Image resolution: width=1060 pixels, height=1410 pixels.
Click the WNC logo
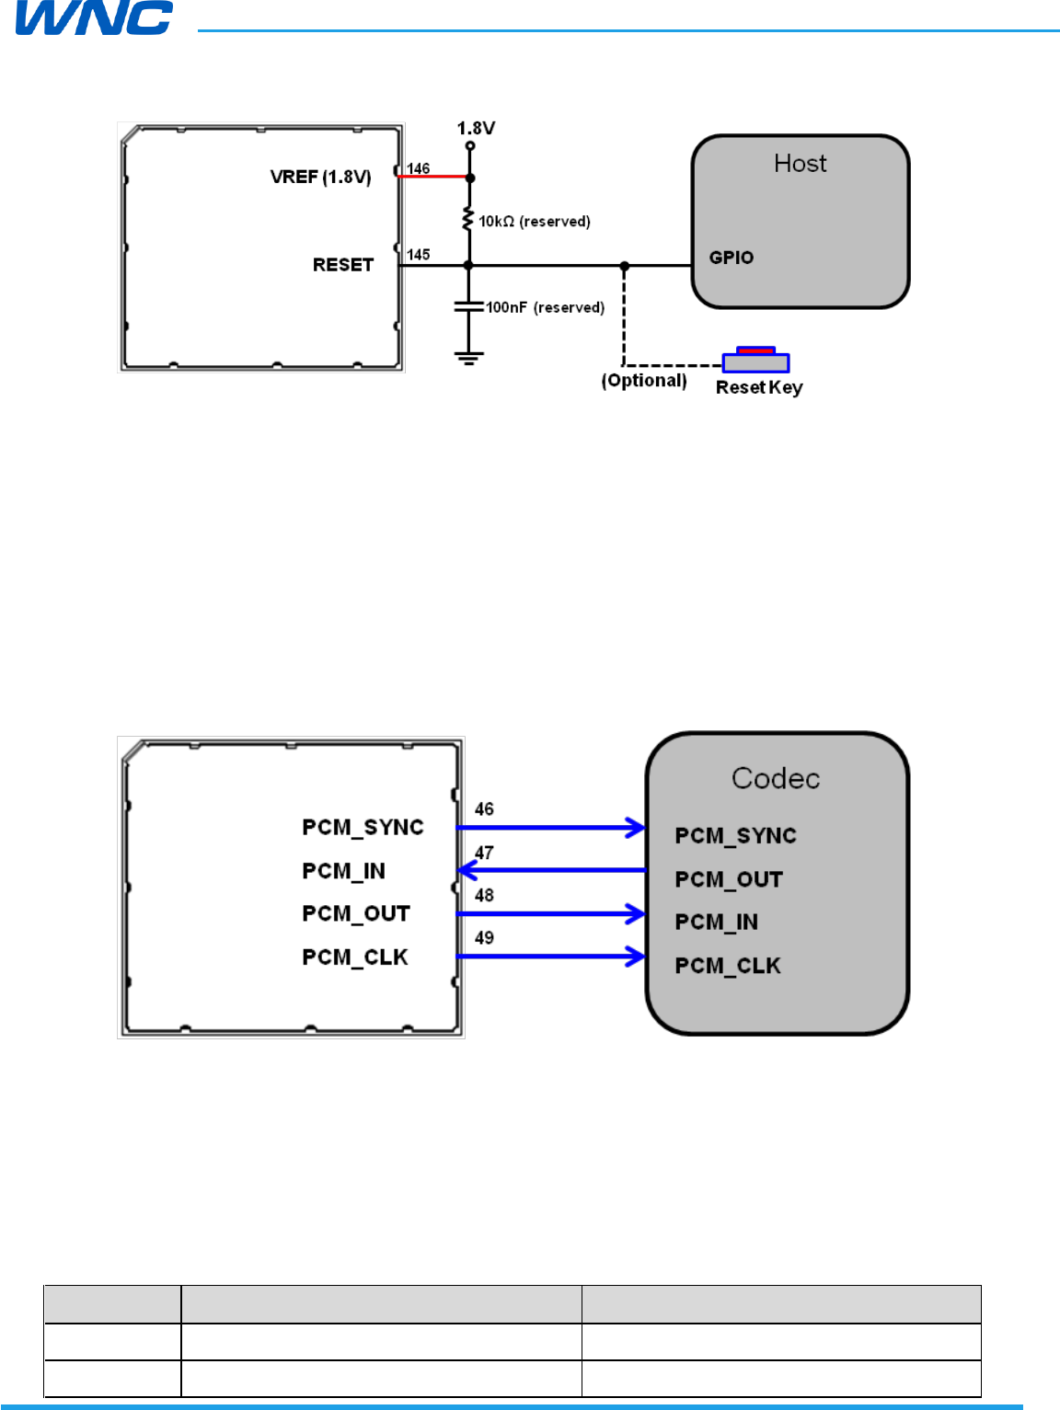pos(94,17)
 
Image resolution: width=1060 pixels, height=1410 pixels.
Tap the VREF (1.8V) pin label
pos(320,177)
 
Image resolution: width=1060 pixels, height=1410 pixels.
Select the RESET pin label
pos(342,265)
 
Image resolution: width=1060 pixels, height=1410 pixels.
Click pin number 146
pos(418,168)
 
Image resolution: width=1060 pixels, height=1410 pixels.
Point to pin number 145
pos(418,255)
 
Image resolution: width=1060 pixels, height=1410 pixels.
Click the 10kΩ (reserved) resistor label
pos(534,222)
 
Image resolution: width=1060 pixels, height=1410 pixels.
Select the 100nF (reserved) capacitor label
pos(545,307)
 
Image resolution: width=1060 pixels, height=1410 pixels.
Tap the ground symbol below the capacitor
pos(469,358)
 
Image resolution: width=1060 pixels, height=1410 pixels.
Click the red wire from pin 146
pos(432,177)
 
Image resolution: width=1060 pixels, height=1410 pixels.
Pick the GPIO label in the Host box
pos(731,258)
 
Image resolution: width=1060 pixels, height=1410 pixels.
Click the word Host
pos(800,164)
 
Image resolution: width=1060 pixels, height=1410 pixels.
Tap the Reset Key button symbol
pos(755,361)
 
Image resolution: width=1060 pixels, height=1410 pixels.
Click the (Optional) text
pos(644,381)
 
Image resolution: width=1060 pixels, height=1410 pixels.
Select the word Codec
pos(776,779)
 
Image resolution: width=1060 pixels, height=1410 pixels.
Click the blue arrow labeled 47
pos(552,870)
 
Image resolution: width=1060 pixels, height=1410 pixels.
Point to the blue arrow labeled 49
pos(552,957)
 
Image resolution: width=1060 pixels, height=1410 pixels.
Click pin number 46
pos(484,809)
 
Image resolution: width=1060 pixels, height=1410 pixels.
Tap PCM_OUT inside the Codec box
pos(729,879)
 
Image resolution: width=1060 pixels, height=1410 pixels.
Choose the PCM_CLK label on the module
pos(355,957)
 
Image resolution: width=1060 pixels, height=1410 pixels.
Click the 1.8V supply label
pos(476,128)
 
